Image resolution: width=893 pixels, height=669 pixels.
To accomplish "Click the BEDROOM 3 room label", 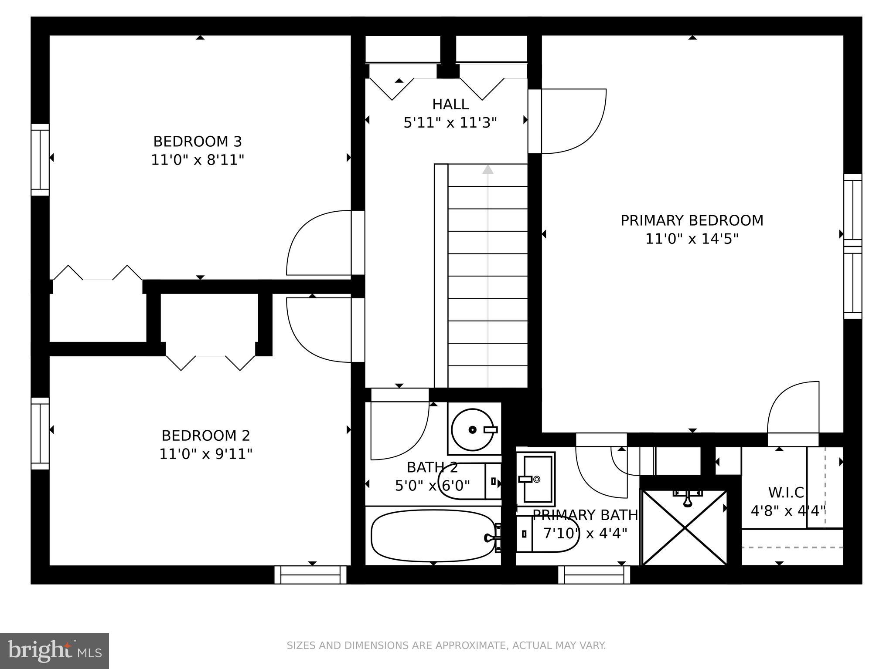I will (197, 142).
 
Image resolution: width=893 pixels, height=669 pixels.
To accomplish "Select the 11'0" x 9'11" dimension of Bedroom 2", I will (206, 454).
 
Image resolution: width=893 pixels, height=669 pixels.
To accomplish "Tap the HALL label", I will (450, 105).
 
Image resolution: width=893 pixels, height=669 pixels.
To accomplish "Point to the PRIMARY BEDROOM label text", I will (692, 220).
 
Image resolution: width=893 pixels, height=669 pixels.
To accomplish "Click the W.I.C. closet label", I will (787, 493).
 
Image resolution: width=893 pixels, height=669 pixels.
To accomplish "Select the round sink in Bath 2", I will (473, 429).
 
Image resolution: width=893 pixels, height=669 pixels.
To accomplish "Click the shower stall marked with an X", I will (684, 527).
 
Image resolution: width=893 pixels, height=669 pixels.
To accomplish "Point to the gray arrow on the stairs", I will (487, 170).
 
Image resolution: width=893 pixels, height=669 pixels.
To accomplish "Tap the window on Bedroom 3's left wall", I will (40, 159).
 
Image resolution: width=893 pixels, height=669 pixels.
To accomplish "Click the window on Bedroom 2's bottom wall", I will (310, 574).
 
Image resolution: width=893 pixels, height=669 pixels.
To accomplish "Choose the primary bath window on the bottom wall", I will (594, 574).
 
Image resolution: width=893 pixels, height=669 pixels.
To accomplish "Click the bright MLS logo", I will (54, 651).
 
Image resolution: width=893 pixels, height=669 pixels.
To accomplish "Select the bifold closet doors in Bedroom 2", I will (210, 362).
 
